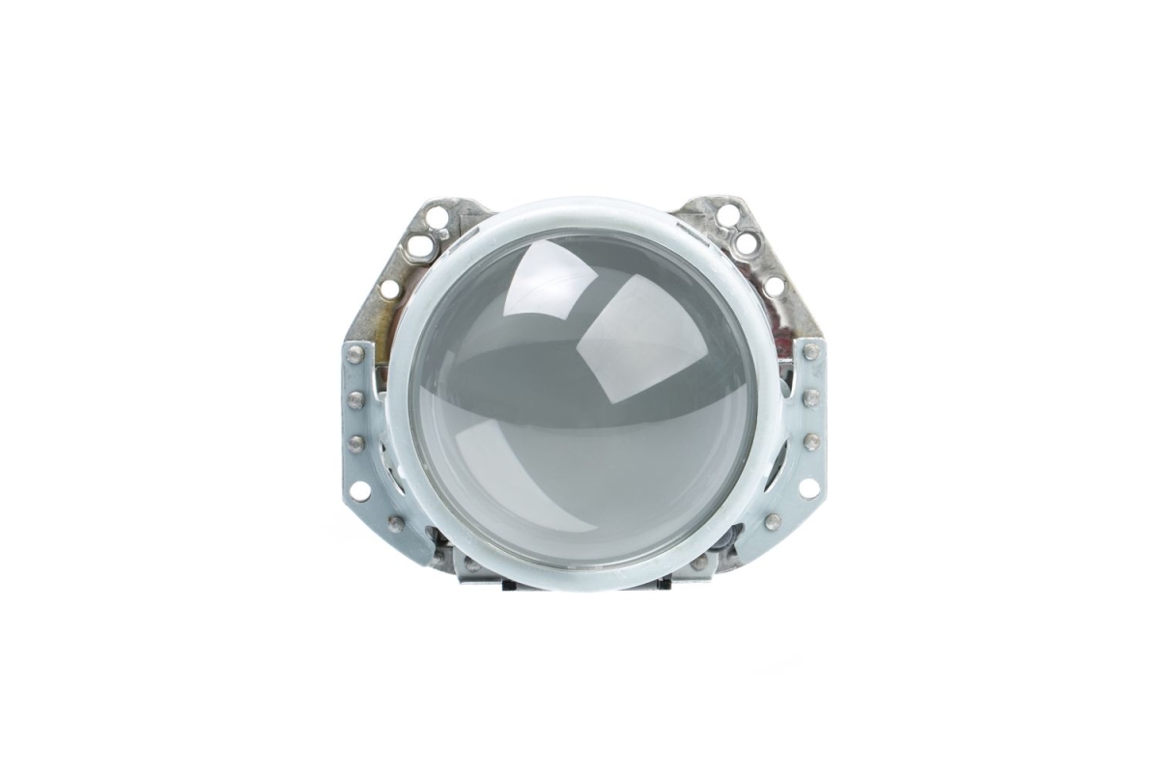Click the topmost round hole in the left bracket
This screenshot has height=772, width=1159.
437,216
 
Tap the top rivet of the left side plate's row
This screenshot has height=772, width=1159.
355,354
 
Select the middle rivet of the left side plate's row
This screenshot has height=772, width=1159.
355,399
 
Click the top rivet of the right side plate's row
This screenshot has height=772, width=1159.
811,352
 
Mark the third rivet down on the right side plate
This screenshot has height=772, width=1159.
811,441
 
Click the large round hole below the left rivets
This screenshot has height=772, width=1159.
359,490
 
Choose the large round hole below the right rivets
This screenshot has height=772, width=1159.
807,488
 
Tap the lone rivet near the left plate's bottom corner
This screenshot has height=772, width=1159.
396,524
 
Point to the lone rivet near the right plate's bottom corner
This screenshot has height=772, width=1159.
772,522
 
